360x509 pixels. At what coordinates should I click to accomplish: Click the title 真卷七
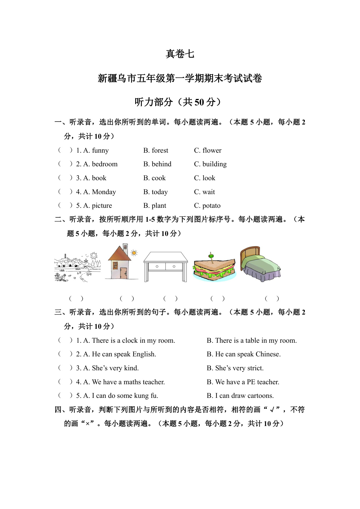click(180, 54)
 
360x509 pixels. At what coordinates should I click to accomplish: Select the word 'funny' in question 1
click(100, 150)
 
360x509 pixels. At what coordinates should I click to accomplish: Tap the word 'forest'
click(160, 150)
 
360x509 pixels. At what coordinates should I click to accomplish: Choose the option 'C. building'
click(210, 164)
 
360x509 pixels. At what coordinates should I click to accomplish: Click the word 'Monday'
click(104, 192)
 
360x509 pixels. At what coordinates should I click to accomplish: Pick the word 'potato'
click(211, 205)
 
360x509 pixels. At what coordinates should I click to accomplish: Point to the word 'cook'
click(159, 178)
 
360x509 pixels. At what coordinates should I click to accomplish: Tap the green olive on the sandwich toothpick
click(211, 255)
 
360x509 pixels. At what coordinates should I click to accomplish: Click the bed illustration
click(260, 265)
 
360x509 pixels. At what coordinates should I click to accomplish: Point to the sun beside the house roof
click(134, 253)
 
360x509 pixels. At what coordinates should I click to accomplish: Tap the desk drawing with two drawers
click(166, 266)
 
